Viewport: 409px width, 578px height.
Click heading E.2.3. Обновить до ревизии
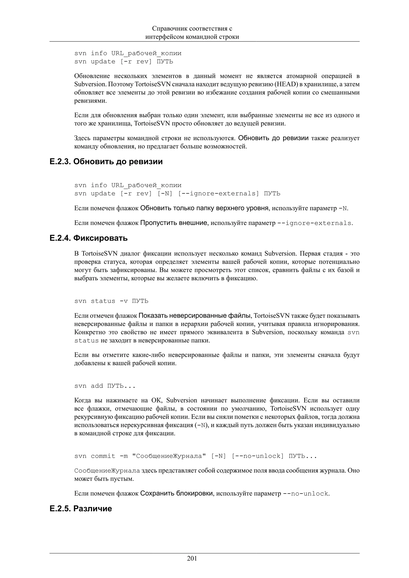point(106,161)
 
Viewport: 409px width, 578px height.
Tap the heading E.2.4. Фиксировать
point(88,238)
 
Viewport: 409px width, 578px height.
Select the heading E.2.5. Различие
point(81,509)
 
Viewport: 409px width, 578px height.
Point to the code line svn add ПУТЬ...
point(105,386)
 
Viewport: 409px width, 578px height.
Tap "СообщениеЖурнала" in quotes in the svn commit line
point(167,456)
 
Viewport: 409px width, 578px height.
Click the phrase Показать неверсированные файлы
point(195,316)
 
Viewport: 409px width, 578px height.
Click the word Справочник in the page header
point(170,29)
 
